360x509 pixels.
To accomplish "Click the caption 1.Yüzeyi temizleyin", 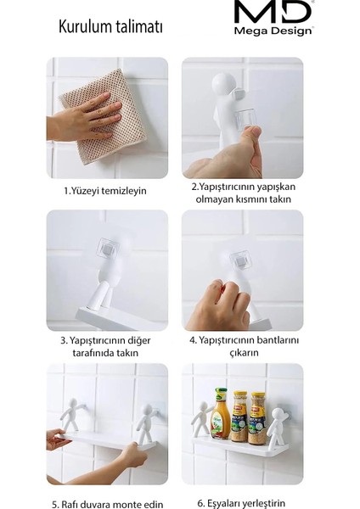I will tap(104, 191).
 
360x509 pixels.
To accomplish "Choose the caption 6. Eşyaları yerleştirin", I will tap(242, 504).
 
